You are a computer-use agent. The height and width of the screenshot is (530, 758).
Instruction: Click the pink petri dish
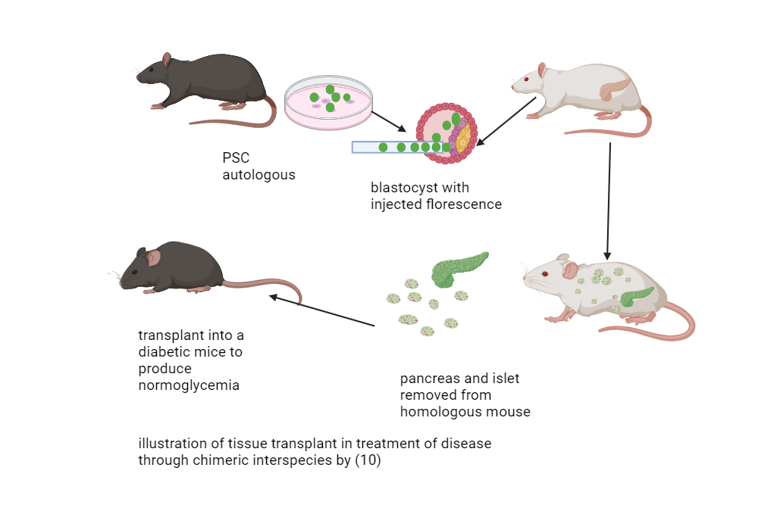coord(329,101)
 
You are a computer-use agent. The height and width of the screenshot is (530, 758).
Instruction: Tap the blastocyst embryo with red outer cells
coord(446,132)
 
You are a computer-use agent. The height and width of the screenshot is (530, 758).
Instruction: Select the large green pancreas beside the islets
coord(459,269)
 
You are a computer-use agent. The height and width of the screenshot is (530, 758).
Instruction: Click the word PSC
coord(235,158)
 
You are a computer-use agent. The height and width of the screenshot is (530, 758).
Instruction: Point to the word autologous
coord(258,175)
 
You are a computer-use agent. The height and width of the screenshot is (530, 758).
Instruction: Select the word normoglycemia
coord(189,385)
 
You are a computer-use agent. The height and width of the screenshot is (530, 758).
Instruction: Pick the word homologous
coord(440,412)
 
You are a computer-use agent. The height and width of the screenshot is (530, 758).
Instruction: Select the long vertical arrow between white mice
coord(609,201)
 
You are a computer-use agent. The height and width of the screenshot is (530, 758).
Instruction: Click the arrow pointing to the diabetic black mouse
coord(322,311)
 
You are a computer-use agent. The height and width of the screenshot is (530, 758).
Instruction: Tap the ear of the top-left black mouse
coord(167,60)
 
